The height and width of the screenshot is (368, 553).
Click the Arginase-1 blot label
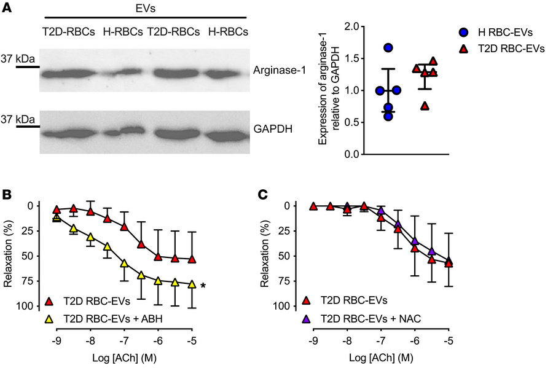tap(273, 72)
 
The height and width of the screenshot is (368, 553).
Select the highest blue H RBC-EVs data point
tap(388, 48)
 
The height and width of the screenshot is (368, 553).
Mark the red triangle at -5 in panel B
tap(192, 259)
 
